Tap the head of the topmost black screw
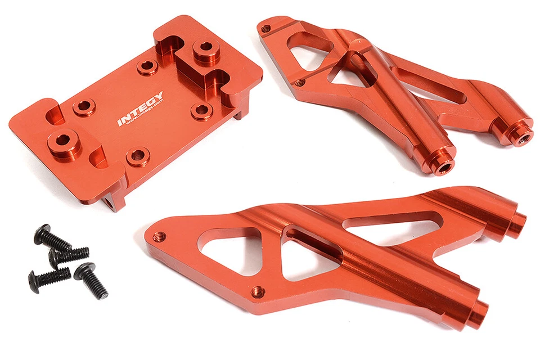[x=42, y=233]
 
